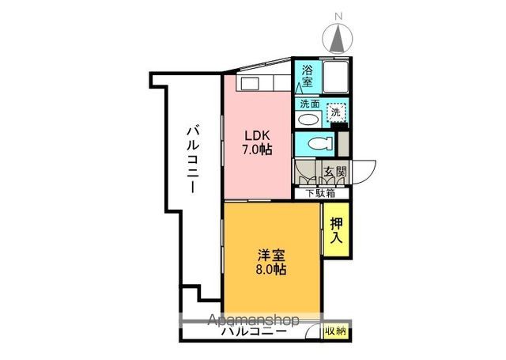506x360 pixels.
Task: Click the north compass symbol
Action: [340, 38]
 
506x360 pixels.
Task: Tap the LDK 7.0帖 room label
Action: [258, 141]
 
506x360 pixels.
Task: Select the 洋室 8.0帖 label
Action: [271, 262]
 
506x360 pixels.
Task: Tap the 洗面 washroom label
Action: [308, 104]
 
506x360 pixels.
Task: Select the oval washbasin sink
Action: [309, 120]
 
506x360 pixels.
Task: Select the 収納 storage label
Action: [334, 332]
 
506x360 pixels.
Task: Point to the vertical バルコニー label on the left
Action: [192, 158]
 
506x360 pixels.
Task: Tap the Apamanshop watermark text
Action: [253, 321]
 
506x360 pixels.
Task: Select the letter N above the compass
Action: [339, 15]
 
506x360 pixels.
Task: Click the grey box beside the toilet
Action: [343, 143]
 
